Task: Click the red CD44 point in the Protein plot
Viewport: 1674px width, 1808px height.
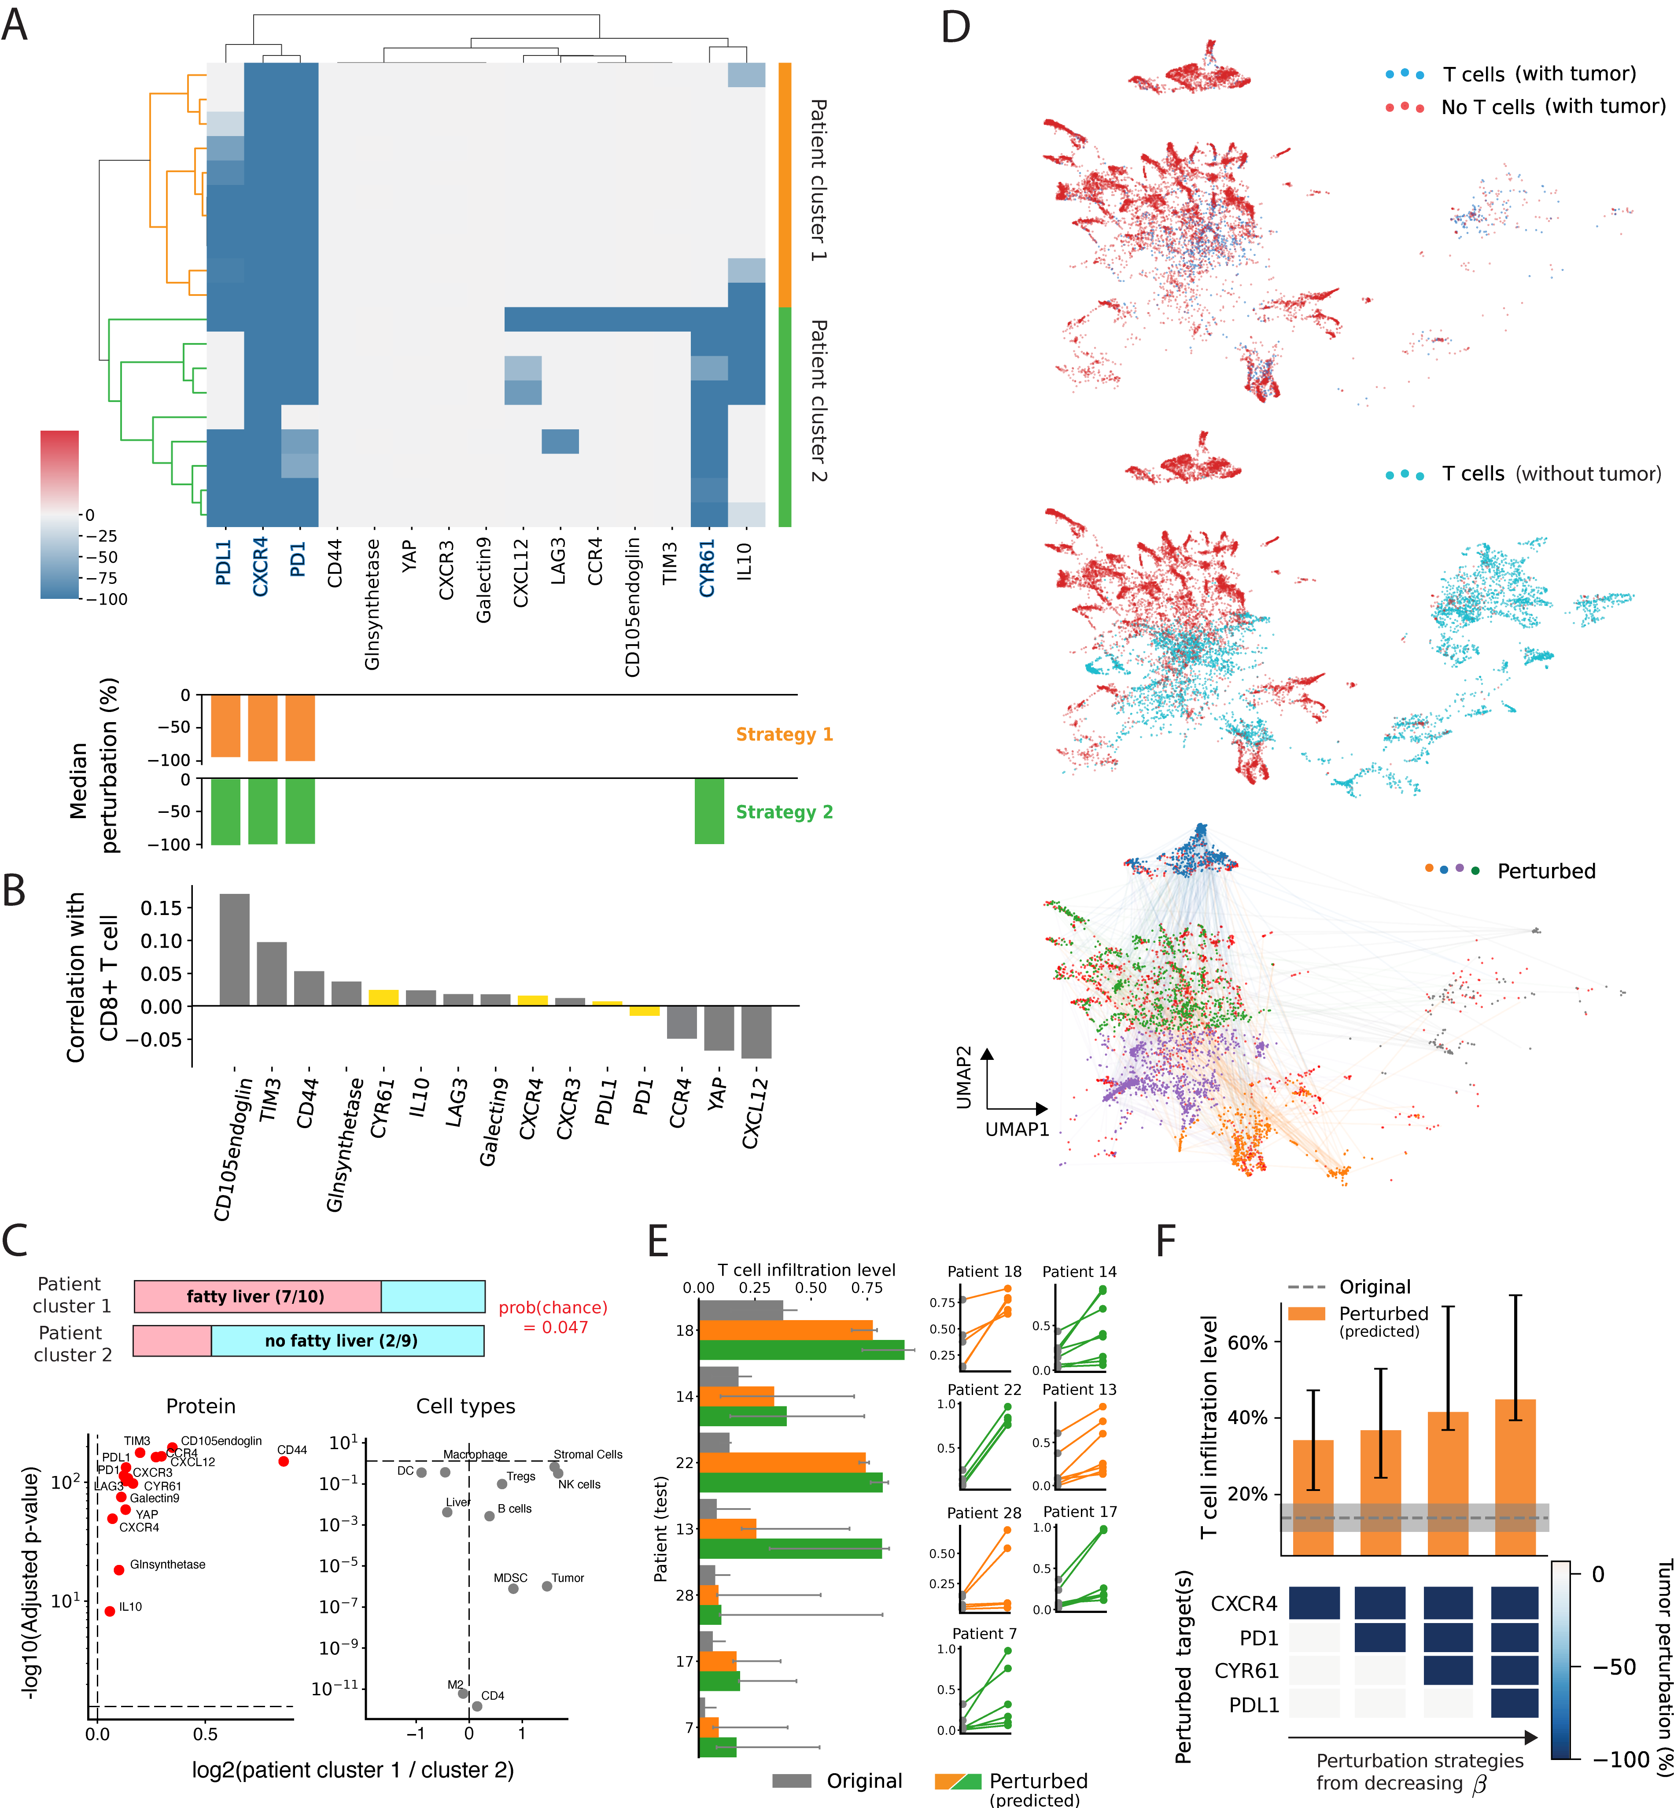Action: click(284, 1461)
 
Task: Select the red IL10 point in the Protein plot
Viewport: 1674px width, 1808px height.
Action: click(110, 1611)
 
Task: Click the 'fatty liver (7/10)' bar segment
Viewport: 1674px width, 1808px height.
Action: click(257, 1296)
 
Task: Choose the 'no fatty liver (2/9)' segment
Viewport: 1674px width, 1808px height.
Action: click(348, 1341)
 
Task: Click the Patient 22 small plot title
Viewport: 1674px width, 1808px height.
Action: click(984, 1390)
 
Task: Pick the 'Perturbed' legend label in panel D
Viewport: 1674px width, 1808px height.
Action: click(1546, 871)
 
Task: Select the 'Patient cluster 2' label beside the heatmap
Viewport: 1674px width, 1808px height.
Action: click(818, 400)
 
